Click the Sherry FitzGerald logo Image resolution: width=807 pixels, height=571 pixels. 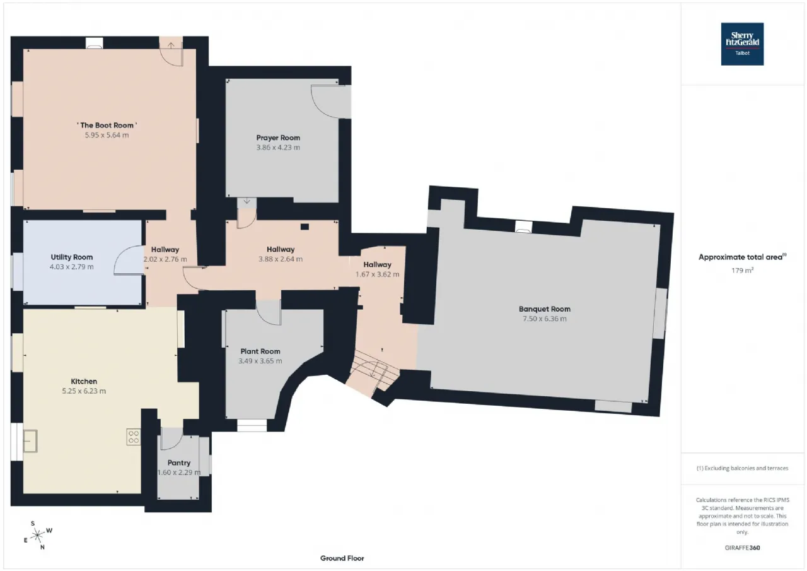[x=742, y=44]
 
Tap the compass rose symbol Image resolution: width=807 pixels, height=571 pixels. [x=37, y=535]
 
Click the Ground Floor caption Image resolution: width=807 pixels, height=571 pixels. [x=342, y=558]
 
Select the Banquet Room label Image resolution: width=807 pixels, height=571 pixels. [x=544, y=309]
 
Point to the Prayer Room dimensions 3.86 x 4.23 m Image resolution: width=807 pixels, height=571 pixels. [x=278, y=147]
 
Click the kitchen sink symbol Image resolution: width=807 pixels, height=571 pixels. [x=30, y=441]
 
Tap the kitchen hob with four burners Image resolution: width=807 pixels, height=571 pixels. [x=133, y=437]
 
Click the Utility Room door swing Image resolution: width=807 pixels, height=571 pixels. [x=128, y=261]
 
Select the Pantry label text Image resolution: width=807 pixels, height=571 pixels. [x=178, y=462]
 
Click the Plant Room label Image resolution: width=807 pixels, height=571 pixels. [x=260, y=351]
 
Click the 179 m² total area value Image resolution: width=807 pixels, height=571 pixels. [x=742, y=270]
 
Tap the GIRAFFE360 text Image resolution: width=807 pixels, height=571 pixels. [x=742, y=548]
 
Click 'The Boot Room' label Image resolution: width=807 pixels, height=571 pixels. [x=107, y=125]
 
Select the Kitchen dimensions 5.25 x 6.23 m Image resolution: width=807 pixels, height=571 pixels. [x=84, y=391]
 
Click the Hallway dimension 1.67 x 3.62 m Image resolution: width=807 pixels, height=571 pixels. [x=377, y=274]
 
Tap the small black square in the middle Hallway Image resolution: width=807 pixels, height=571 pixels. [x=305, y=227]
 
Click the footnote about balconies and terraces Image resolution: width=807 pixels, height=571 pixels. [x=742, y=468]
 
